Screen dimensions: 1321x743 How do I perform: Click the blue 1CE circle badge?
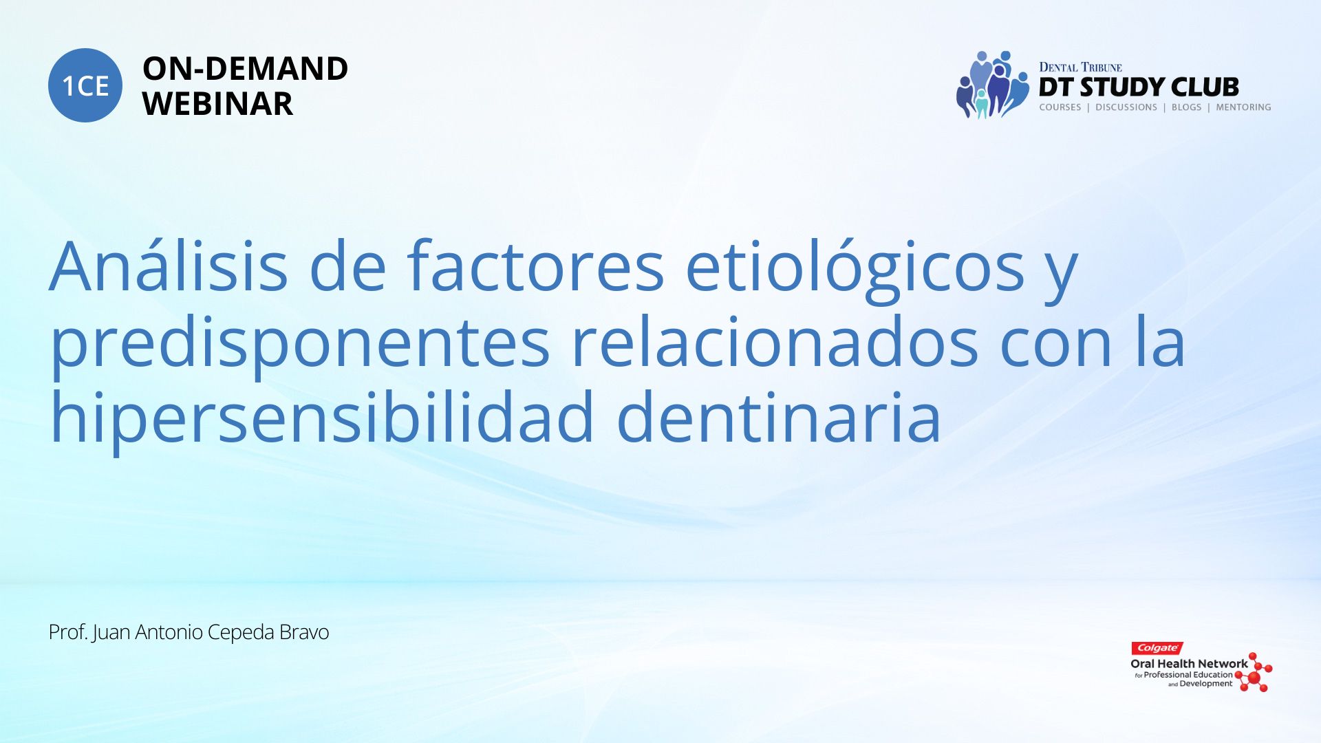pyautogui.click(x=85, y=85)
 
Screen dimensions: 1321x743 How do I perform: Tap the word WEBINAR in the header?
pyautogui.click(x=217, y=104)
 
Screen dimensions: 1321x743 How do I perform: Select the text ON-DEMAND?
pyautogui.click(x=245, y=69)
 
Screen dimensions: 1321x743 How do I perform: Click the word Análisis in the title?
pyautogui.click(x=169, y=266)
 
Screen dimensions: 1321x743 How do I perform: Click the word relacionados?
pyautogui.click(x=775, y=342)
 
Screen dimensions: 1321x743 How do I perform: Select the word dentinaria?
pyautogui.click(x=778, y=417)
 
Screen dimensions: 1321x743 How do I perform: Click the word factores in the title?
pyautogui.click(x=535, y=266)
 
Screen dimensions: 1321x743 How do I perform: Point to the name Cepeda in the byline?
pyautogui.click(x=241, y=632)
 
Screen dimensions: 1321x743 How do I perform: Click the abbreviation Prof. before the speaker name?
pyautogui.click(x=68, y=632)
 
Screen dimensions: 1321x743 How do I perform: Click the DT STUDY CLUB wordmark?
pyautogui.click(x=1139, y=87)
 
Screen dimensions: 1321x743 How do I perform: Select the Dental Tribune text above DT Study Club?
pyautogui.click(x=1080, y=67)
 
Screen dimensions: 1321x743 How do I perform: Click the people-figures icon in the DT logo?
pyautogui.click(x=991, y=85)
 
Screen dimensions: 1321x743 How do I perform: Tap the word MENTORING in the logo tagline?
pyautogui.click(x=1243, y=107)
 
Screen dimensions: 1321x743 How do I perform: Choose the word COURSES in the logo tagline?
pyautogui.click(x=1060, y=107)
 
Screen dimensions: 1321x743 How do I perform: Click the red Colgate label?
pyautogui.click(x=1157, y=648)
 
